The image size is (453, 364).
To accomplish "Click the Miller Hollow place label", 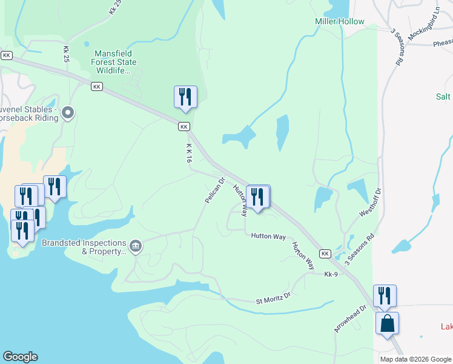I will (339, 22).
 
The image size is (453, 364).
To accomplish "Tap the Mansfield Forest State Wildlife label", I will (114, 62).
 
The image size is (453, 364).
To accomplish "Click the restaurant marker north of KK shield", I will (185, 97).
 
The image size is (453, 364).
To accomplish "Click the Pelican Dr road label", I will (214, 190).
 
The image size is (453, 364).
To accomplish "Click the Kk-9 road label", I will (331, 274).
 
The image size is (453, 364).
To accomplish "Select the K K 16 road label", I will (189, 153).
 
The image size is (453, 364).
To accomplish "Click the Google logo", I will (20, 357).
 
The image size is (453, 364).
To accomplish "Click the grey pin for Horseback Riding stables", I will (68, 112).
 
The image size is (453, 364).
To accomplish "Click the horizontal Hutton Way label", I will (268, 236).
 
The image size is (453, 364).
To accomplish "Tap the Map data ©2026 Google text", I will (415, 359).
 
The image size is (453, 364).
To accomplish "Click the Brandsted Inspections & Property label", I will (84, 247).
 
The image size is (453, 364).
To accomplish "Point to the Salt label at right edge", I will (443, 96).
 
